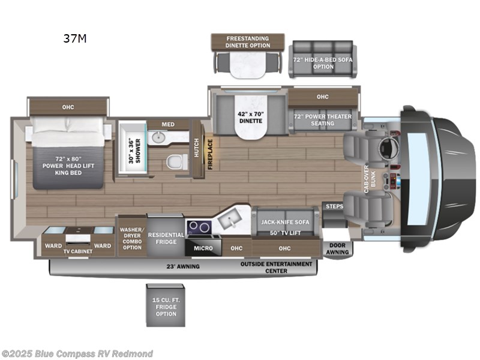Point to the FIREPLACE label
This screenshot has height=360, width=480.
pos(210,154)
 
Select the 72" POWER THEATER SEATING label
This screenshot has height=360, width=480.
pos(323,118)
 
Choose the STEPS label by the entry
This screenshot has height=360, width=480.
pos(333,206)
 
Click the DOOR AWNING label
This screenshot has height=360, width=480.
pos(337,249)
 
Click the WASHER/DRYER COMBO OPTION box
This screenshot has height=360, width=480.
pos(131,238)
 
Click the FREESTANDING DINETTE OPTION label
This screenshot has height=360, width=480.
pos(247,41)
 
